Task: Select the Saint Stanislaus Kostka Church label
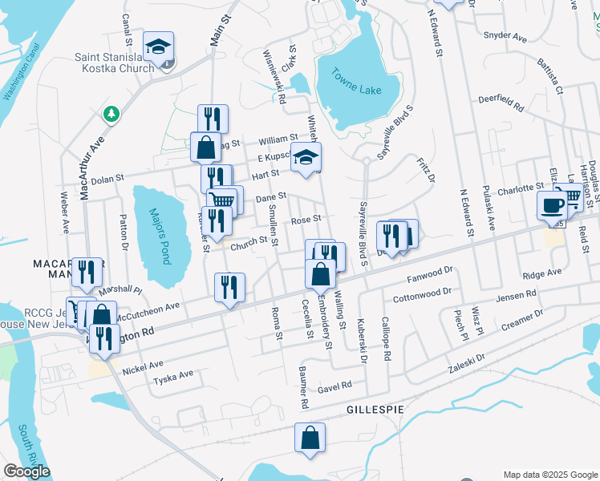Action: (114, 63)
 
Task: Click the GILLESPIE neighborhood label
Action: (375, 409)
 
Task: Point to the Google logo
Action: (26, 471)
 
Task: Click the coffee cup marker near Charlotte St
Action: (552, 204)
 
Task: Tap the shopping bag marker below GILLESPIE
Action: (310, 439)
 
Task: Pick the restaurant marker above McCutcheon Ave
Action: (230, 287)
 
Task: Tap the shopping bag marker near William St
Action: (205, 147)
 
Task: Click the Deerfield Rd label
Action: (501, 104)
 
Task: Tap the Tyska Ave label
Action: (173, 374)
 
